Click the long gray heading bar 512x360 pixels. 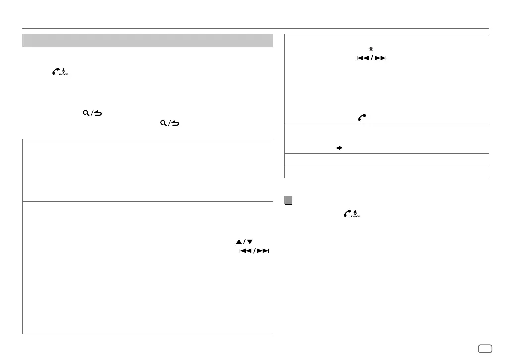[148, 40]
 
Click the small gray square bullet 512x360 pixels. [288, 201]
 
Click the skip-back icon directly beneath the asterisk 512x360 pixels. [362, 59]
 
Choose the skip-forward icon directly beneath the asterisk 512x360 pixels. [381, 59]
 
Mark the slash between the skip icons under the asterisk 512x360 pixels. [371, 59]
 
